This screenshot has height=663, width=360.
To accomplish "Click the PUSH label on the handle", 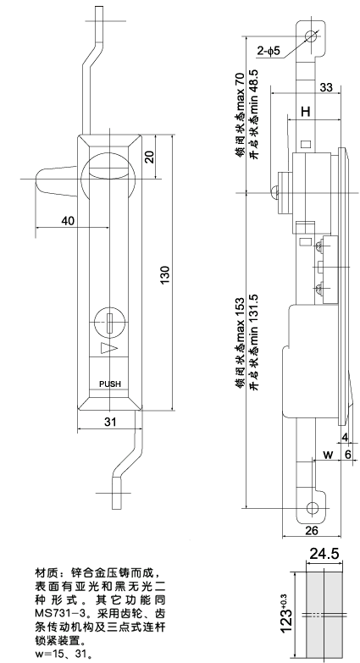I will (x=110, y=383).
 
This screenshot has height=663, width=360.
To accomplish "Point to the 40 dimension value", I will (x=67, y=221).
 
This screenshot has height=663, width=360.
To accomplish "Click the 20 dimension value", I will (x=149, y=157).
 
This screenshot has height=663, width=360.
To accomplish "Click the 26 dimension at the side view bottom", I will (x=310, y=530).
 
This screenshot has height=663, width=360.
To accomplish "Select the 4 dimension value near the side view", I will (x=346, y=438).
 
